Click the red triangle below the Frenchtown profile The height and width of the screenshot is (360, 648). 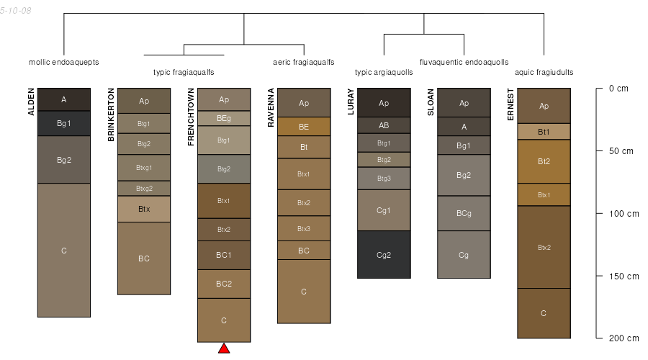coord(224,348)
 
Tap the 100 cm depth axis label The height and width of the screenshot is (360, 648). coord(624,214)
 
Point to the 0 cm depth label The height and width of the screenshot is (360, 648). coord(618,89)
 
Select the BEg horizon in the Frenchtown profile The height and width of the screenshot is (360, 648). coord(224,119)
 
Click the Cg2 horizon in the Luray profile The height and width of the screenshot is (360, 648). coord(384,255)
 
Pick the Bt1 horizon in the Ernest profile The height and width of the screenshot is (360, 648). coord(544,132)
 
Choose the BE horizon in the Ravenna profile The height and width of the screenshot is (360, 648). coord(304,127)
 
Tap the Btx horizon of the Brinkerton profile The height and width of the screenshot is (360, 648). coord(144,209)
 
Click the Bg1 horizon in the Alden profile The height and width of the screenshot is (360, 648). coord(64,123)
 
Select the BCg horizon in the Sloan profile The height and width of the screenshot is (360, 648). coord(464,213)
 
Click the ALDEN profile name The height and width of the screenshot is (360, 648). coord(31,102)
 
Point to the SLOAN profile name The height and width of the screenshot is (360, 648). coord(431,102)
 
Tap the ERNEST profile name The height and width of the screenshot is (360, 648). coord(510,104)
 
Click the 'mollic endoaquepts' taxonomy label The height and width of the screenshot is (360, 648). coord(64,62)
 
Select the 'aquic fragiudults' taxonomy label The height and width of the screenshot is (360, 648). coord(544,72)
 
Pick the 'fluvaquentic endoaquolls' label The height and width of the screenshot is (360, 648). coord(464,62)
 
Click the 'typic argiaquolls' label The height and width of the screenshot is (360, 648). coord(384,72)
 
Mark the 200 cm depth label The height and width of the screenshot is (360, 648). coord(624,338)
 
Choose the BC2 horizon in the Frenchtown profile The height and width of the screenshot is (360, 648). coord(224,284)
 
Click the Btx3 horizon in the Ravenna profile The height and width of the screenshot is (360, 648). coord(304,228)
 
